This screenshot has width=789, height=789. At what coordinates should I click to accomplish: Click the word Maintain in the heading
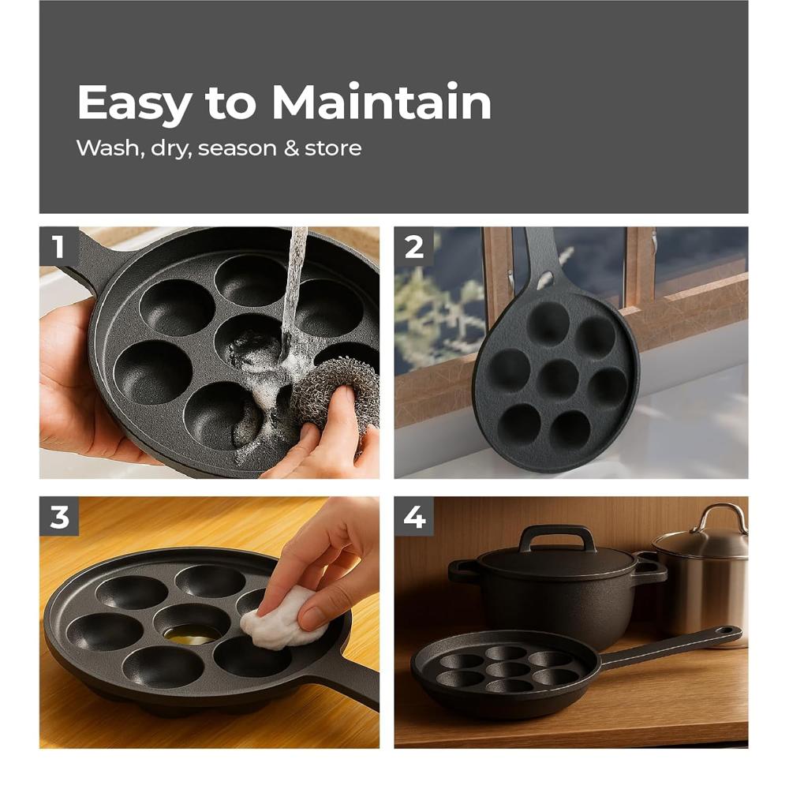click(381, 103)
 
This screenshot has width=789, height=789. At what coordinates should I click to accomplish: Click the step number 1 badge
click(58, 246)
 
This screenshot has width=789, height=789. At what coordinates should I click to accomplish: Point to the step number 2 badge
click(414, 246)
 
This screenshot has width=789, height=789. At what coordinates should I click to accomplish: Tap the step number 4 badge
click(414, 517)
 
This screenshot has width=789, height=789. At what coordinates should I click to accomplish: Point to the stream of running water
click(294, 284)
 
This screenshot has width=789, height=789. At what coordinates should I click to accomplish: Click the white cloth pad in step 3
click(280, 619)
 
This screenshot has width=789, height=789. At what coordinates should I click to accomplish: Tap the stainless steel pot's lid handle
click(719, 517)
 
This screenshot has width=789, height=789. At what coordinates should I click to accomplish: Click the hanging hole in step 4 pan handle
click(725, 633)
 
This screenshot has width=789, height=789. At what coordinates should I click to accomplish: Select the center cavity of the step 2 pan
click(559, 379)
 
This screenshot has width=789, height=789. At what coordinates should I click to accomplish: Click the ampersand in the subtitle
click(291, 148)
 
